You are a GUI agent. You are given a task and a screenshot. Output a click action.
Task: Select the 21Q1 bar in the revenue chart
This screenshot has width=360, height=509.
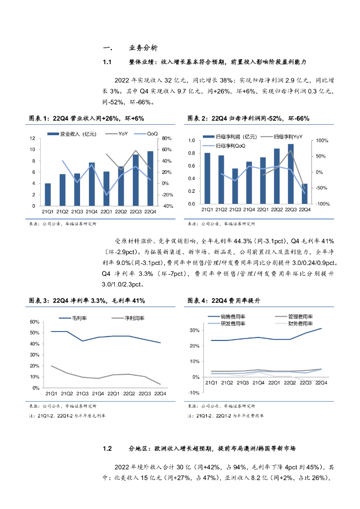click(48, 194)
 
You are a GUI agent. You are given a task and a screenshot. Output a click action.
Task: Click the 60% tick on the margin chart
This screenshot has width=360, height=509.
click(35, 322)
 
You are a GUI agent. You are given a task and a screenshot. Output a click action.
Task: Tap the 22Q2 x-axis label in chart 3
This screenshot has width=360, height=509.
click(129, 394)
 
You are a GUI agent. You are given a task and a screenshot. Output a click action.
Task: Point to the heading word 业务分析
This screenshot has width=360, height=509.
click(143, 48)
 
